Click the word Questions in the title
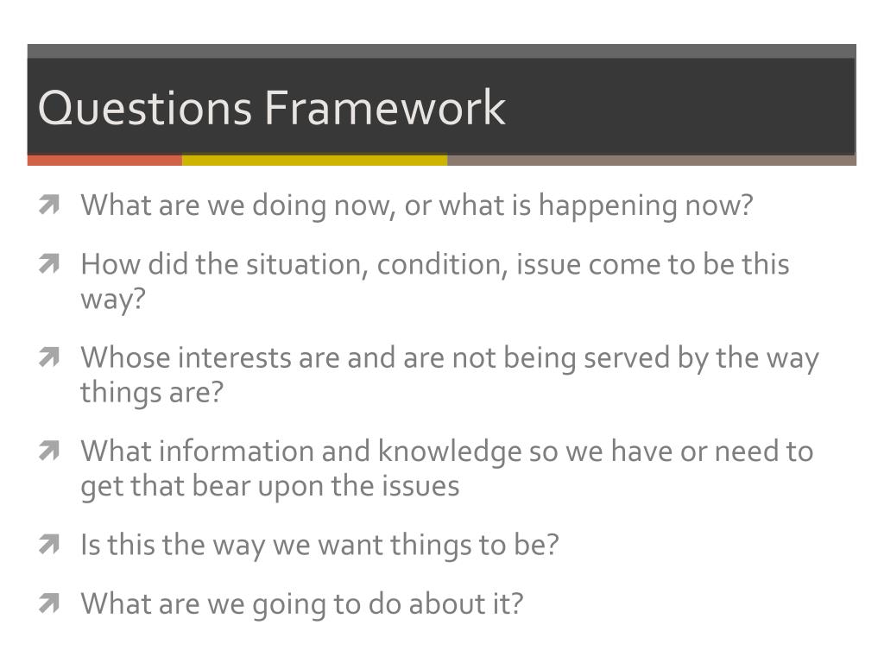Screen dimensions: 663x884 (x=145, y=109)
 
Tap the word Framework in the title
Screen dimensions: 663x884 (x=384, y=109)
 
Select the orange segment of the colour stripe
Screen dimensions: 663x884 (x=104, y=160)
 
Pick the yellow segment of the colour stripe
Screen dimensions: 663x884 (x=314, y=160)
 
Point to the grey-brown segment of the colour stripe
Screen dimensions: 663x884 (x=651, y=160)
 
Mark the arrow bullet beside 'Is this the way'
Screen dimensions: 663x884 (x=49, y=545)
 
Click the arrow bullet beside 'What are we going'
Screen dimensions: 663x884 (x=49, y=603)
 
